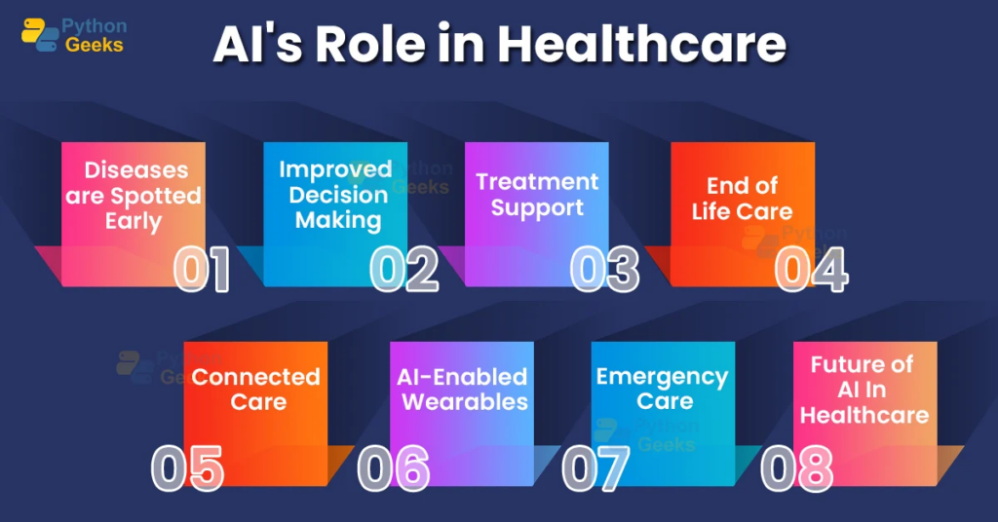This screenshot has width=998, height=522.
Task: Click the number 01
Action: click(x=202, y=271)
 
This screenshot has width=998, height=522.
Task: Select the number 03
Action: click(x=604, y=271)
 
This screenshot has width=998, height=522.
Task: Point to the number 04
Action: click(x=811, y=271)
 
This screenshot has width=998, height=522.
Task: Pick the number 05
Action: click(x=188, y=467)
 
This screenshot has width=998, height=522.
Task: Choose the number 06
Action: click(x=394, y=467)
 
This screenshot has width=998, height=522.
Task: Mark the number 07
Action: click(x=596, y=467)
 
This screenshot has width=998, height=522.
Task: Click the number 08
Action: click(x=797, y=467)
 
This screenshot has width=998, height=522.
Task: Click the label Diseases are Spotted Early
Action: click(x=134, y=195)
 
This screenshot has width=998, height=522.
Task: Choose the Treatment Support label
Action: click(x=537, y=194)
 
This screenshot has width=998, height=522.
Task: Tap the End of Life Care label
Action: click(x=743, y=198)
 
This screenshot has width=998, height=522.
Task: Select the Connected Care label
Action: click(x=256, y=389)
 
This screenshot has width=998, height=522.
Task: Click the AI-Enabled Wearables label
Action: click(x=462, y=389)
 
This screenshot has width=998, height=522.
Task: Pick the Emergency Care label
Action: click(x=663, y=389)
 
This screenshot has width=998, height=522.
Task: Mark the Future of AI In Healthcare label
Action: click(x=864, y=389)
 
